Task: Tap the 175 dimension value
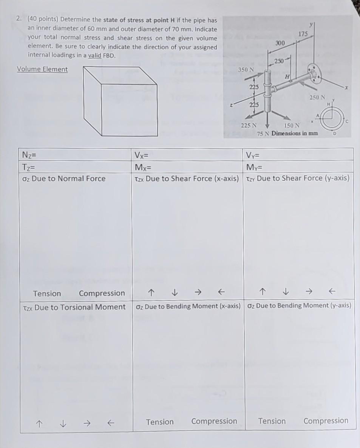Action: pyautogui.click(x=303, y=34)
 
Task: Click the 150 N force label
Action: pyautogui.click(x=292, y=126)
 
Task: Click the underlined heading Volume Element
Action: pyautogui.click(x=42, y=69)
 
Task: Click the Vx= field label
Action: pyautogui.click(x=142, y=154)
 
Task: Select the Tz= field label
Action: pyautogui.click(x=29, y=167)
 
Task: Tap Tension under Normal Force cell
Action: pyautogui.click(x=47, y=293)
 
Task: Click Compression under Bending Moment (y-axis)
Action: pyautogui.click(x=326, y=420)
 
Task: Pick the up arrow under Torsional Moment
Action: pyautogui.click(x=38, y=424)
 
